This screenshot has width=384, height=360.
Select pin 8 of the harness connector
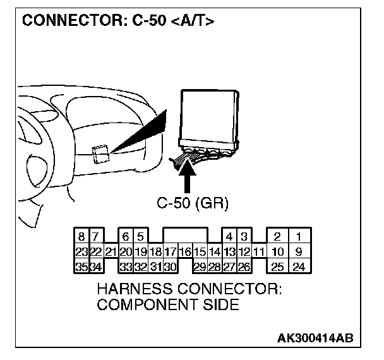tap(82, 237)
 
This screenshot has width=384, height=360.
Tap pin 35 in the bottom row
tap(82, 267)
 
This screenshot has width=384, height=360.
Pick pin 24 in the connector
tap(299, 267)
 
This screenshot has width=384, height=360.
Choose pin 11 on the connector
tap(258, 252)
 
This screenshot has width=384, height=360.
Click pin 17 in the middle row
tap(170, 252)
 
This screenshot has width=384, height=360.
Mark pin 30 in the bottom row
tap(170, 267)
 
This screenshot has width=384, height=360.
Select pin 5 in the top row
tap(140, 237)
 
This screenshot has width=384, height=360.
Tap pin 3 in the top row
tap(243, 237)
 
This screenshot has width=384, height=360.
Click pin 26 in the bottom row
tap(243, 267)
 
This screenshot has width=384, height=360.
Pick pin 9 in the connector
tap(299, 252)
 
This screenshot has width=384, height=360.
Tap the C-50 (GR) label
tap(192, 203)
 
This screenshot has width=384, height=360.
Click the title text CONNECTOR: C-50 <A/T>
tap(117, 21)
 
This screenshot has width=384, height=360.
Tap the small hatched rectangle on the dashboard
tap(100, 153)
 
